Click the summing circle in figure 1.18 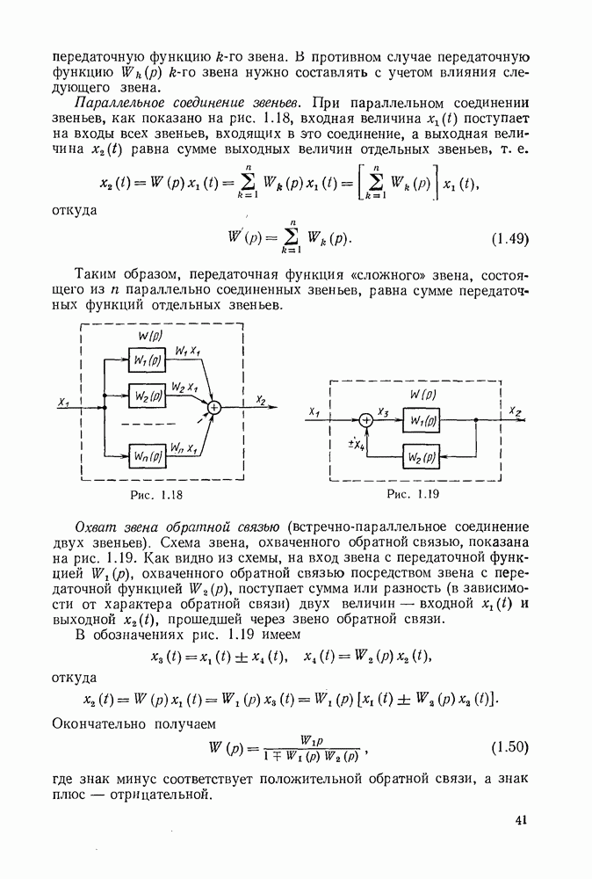point(213,407)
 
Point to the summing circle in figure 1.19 point(367,421)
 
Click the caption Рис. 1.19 point(412,496)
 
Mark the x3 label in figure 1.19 point(383,411)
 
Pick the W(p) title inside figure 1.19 point(430,394)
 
